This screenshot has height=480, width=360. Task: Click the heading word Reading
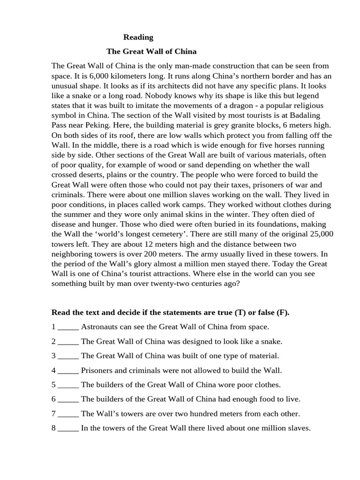click(138, 37)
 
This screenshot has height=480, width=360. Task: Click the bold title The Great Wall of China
click(151, 51)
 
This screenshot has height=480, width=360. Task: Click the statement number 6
click(54, 399)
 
